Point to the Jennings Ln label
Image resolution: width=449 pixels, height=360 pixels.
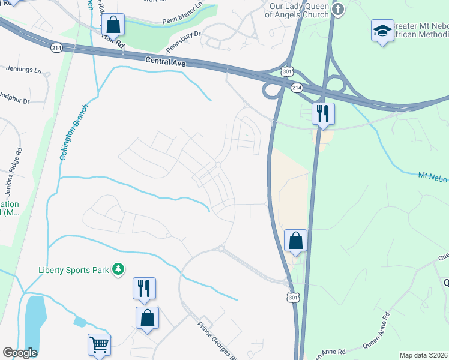(23, 70)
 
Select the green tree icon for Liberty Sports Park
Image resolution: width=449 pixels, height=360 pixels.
(119, 269)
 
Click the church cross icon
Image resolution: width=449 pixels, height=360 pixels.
(339, 8)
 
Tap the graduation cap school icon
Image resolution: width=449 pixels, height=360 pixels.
(382, 30)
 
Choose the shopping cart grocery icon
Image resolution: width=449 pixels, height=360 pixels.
(99, 344)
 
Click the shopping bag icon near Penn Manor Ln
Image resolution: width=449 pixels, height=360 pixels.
(113, 25)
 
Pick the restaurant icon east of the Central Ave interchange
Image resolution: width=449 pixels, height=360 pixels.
(323, 113)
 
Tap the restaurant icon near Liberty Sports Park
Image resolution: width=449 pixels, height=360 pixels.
(144, 289)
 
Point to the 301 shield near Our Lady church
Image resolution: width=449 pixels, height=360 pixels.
(289, 70)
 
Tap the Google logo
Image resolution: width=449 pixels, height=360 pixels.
(19, 353)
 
